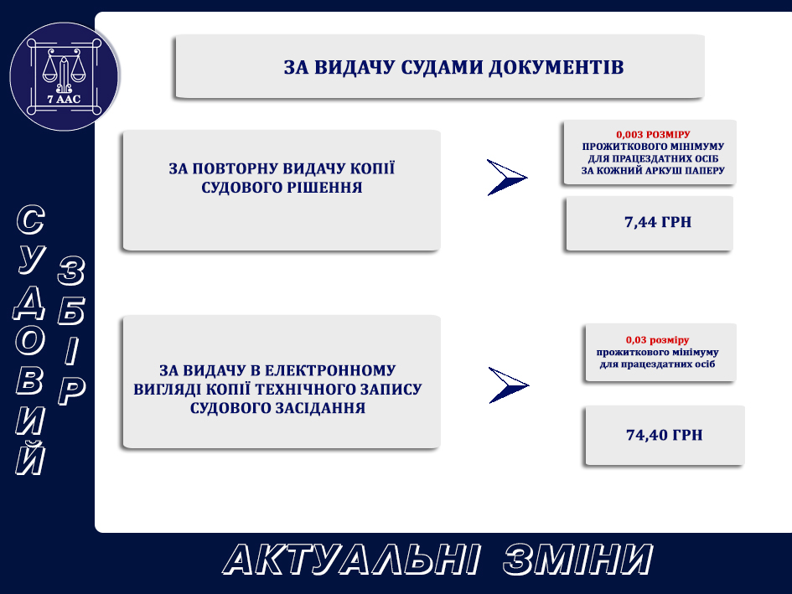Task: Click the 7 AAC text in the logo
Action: (64, 99)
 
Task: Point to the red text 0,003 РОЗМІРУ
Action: (653, 134)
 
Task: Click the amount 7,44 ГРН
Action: (658, 222)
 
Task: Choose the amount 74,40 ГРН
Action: (665, 435)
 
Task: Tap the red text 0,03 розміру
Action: (657, 340)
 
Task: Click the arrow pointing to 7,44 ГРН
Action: (506, 178)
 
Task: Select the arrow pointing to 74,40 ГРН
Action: (509, 385)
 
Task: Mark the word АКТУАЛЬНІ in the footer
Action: (351, 560)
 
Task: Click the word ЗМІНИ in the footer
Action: (577, 560)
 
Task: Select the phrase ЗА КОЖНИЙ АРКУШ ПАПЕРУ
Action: (653, 170)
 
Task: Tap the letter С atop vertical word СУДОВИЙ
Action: (31, 220)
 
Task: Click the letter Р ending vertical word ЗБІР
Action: (71, 391)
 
